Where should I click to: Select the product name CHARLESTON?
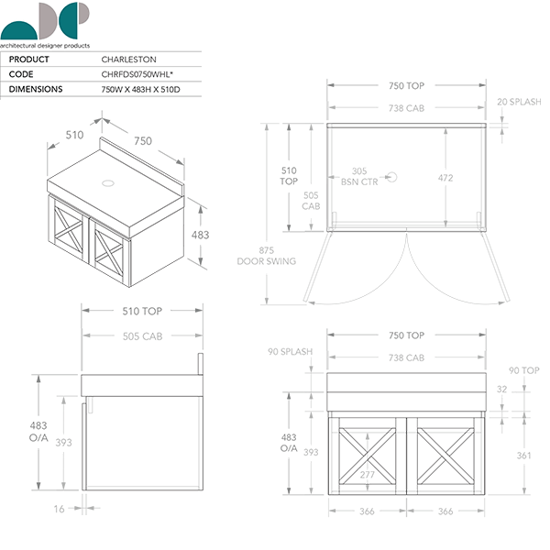click(x=128, y=60)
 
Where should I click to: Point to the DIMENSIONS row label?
click(x=36, y=90)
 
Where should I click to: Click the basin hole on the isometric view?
click(x=109, y=182)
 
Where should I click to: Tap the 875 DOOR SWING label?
click(x=266, y=256)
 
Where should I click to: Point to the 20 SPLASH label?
click(x=520, y=102)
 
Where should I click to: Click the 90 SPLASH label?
click(x=291, y=351)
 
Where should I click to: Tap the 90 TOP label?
click(x=523, y=370)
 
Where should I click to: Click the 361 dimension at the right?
click(x=522, y=455)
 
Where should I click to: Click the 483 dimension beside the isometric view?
click(x=200, y=235)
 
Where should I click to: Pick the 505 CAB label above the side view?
click(x=142, y=337)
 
